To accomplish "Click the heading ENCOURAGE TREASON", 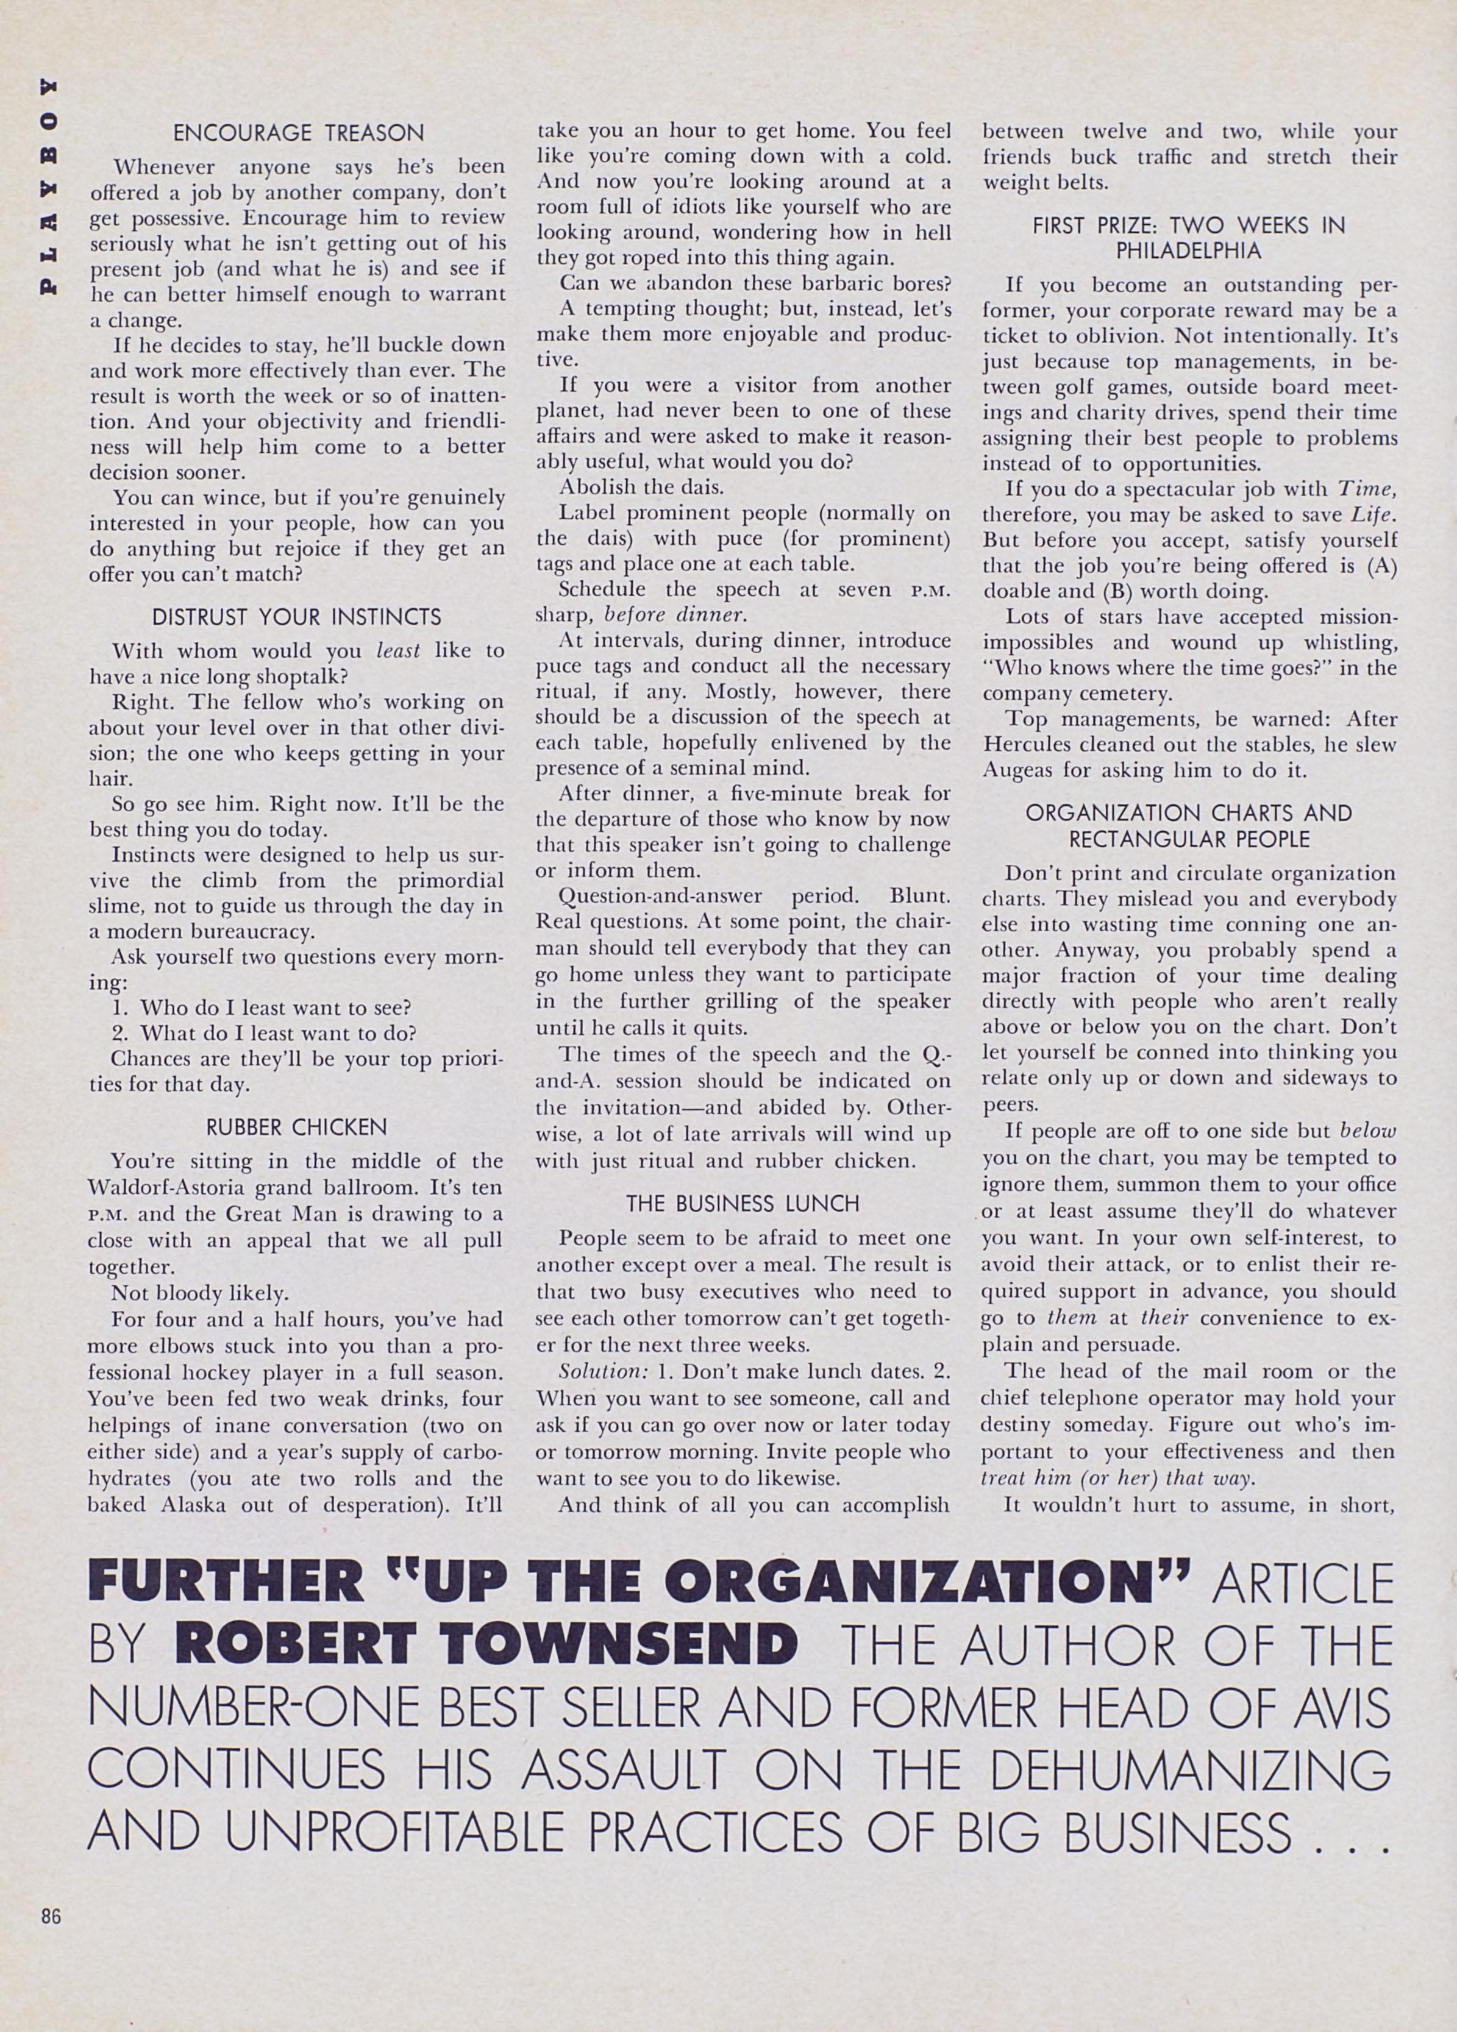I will [297, 133].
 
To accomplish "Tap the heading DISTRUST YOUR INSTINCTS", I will [297, 617].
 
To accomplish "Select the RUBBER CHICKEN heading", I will [297, 1127].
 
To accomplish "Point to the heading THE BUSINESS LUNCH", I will [743, 1204].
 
